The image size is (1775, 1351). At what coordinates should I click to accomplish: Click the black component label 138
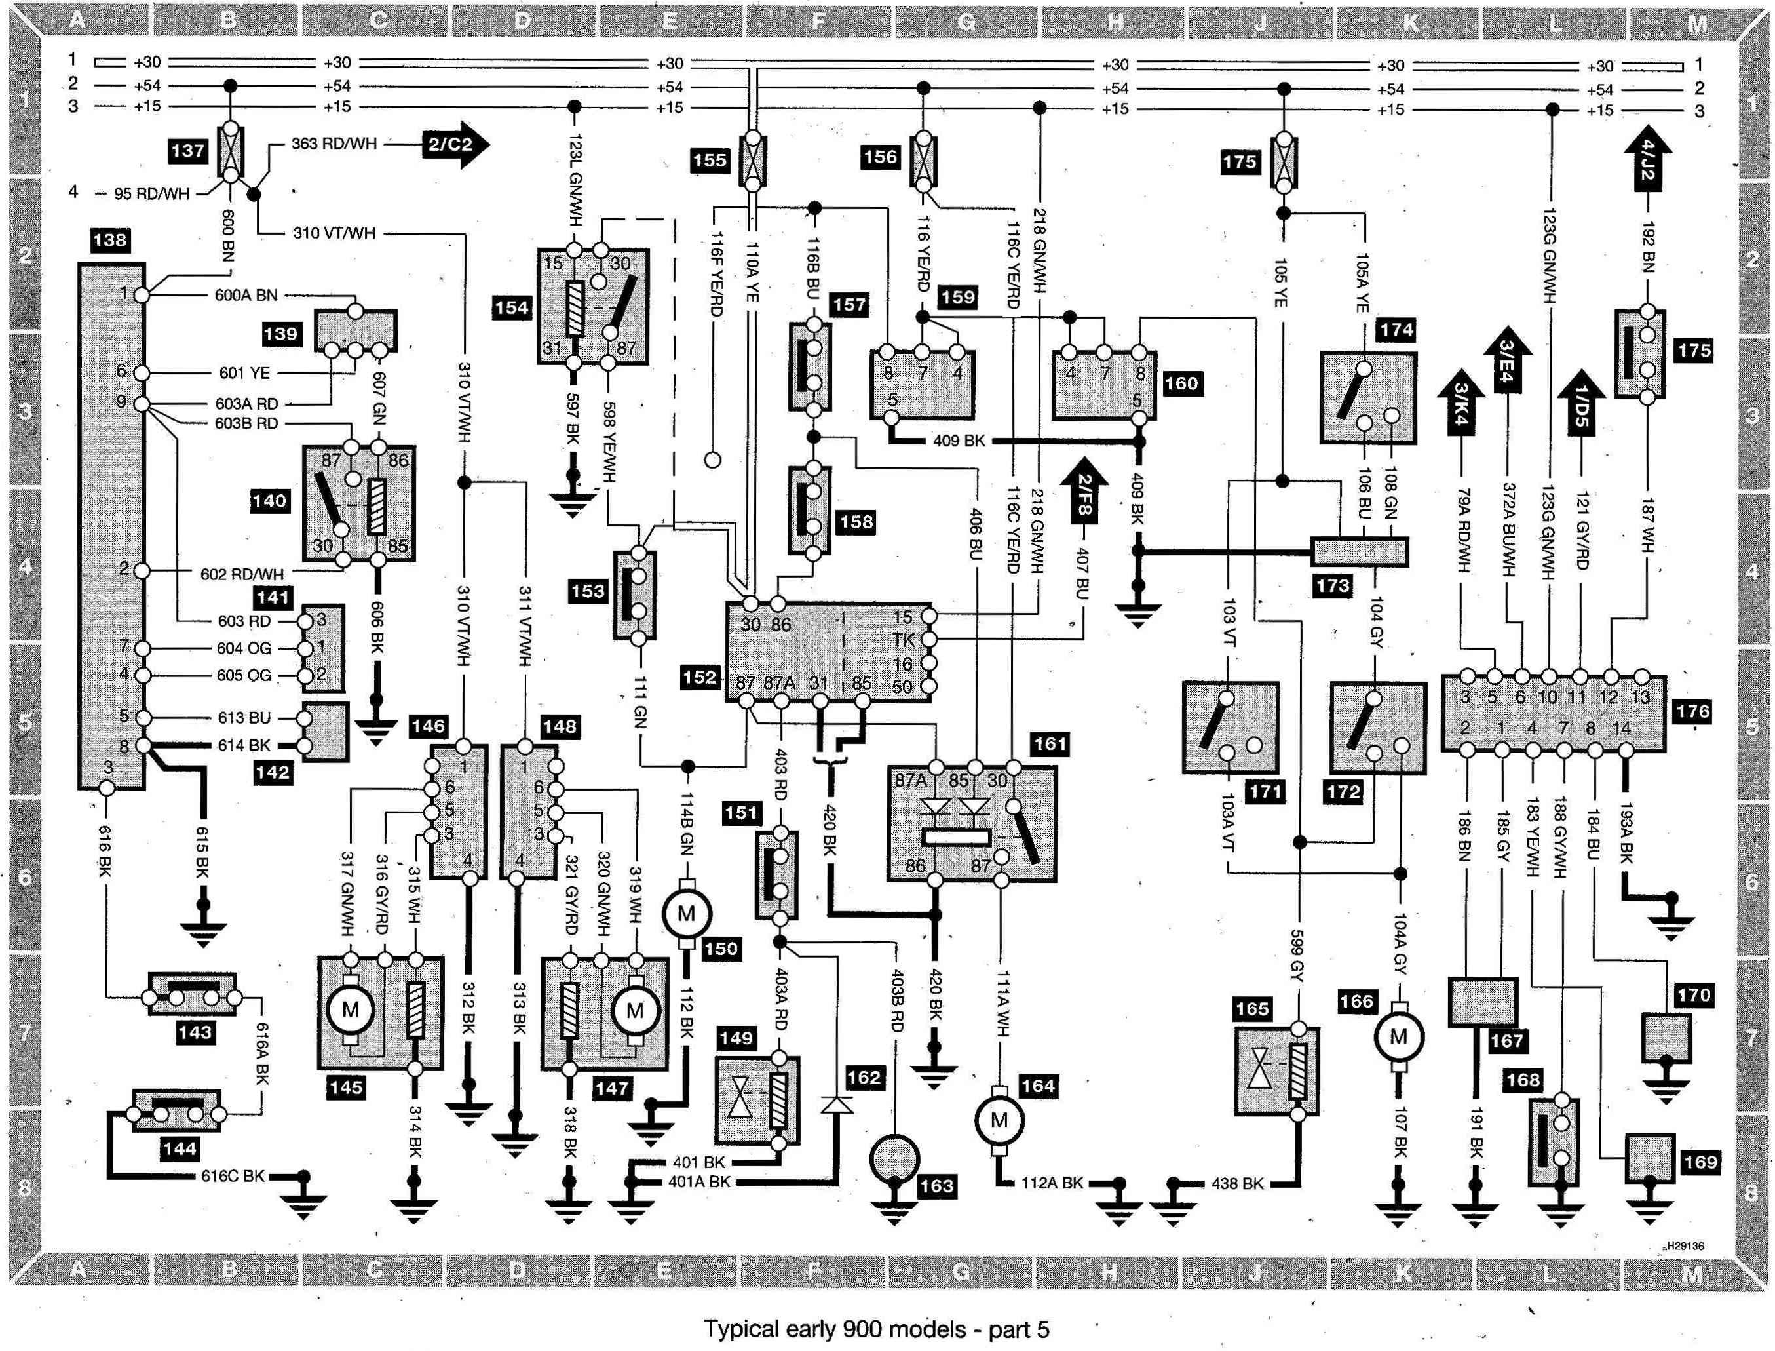pos(109,240)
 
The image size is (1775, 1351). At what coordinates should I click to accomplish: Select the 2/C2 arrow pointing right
pos(456,145)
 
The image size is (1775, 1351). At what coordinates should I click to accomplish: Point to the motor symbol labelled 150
pos(686,914)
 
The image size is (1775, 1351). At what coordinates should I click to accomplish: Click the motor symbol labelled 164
pos(999,1121)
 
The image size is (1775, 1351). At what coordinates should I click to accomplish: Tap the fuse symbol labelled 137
pos(231,152)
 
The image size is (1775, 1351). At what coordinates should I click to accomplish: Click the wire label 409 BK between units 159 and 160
pos(959,441)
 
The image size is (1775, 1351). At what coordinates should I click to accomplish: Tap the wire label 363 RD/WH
pos(334,145)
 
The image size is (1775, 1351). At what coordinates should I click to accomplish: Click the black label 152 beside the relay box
pos(698,677)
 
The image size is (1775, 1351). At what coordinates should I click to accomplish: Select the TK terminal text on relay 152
pos(903,640)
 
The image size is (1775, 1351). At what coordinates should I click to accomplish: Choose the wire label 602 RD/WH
pos(242,574)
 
